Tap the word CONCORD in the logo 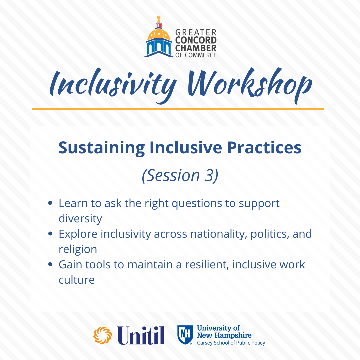tap(196, 40)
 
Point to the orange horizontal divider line tap(178, 109)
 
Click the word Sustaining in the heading tap(102, 148)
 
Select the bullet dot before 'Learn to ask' tap(51, 203)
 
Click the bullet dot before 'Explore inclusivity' tap(51, 234)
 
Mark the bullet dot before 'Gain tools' tap(51, 264)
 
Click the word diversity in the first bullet tap(80, 219)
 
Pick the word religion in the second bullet tap(78, 250)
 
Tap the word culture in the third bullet tap(77, 280)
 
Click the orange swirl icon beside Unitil tap(103, 335)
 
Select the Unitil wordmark tap(141, 335)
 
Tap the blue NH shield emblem tap(185, 335)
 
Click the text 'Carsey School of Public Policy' tap(231, 343)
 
